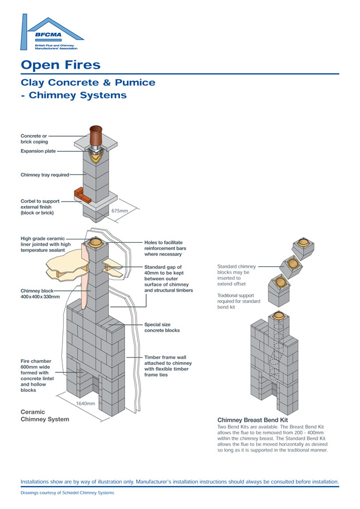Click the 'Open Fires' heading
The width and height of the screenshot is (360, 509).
coord(60,65)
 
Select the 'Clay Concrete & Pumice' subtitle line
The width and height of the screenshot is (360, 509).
coord(88,83)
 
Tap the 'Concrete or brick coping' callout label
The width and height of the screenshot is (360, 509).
coord(34,138)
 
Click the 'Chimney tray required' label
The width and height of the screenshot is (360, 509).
coord(45,175)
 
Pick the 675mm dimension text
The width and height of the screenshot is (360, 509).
coord(120,211)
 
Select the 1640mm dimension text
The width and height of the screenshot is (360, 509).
coord(85,403)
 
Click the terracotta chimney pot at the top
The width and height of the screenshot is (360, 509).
coord(97,135)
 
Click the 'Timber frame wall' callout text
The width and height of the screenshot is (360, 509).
coord(167,366)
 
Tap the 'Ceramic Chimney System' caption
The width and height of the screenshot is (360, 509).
coord(45,415)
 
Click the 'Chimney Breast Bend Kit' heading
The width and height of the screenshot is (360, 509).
coord(252,419)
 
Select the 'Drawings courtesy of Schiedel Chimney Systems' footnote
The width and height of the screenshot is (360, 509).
coord(67,493)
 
